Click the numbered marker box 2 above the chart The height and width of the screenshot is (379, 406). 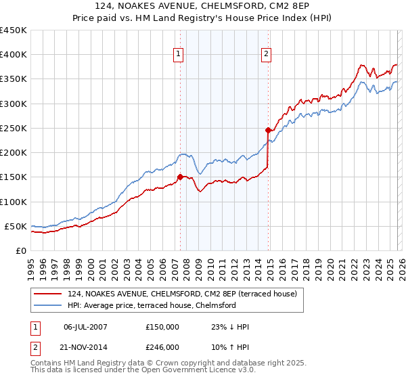pyautogui.click(x=267, y=55)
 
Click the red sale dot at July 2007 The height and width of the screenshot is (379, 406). pyautogui.click(x=180, y=177)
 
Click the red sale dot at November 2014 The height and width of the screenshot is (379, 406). pyautogui.click(x=268, y=130)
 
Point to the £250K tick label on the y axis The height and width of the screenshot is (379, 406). pyautogui.click(x=14, y=128)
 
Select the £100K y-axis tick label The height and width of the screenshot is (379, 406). pyautogui.click(x=14, y=202)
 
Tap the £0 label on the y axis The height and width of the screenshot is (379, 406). pyautogui.click(x=20, y=250)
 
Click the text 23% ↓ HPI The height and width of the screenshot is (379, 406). pyautogui.click(x=231, y=328)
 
